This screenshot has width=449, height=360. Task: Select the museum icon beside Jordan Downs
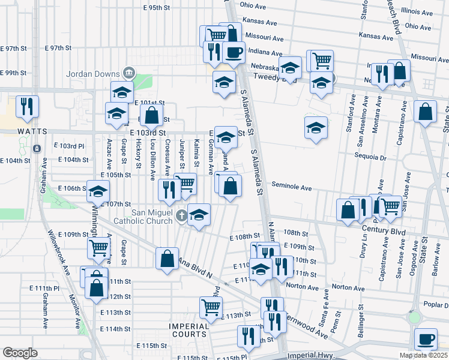128,73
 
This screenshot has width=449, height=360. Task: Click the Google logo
20,353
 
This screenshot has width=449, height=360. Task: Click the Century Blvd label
385,231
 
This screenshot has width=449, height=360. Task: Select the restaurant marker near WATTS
27,106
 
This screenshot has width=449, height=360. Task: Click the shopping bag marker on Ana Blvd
167,259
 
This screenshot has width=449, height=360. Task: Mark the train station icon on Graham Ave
37,148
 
